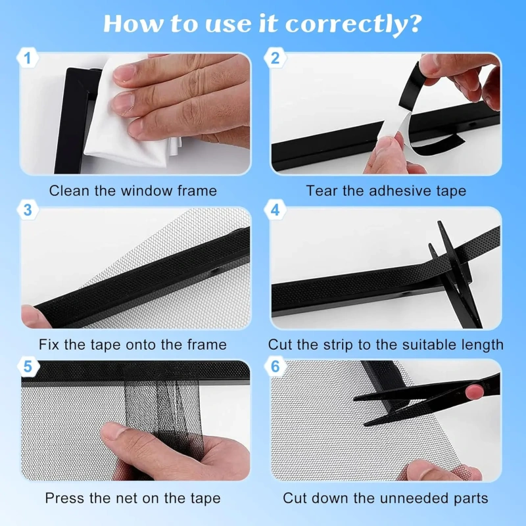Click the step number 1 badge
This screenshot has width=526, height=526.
click(28, 58)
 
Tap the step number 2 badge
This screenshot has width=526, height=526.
click(275, 58)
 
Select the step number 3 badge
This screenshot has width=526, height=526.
click(28, 210)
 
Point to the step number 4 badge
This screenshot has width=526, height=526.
click(275, 210)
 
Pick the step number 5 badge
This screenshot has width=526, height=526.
click(28, 366)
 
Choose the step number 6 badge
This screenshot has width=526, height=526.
click(275, 366)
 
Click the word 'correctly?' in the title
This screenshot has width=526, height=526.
click(353, 25)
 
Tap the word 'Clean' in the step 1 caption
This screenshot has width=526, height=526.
click(70, 191)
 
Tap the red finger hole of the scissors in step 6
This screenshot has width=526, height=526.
click(475, 391)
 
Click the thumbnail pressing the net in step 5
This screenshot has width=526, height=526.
click(113, 431)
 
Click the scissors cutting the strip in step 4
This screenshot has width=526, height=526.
click(456, 275)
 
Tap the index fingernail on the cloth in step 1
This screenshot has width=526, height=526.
click(125, 73)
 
